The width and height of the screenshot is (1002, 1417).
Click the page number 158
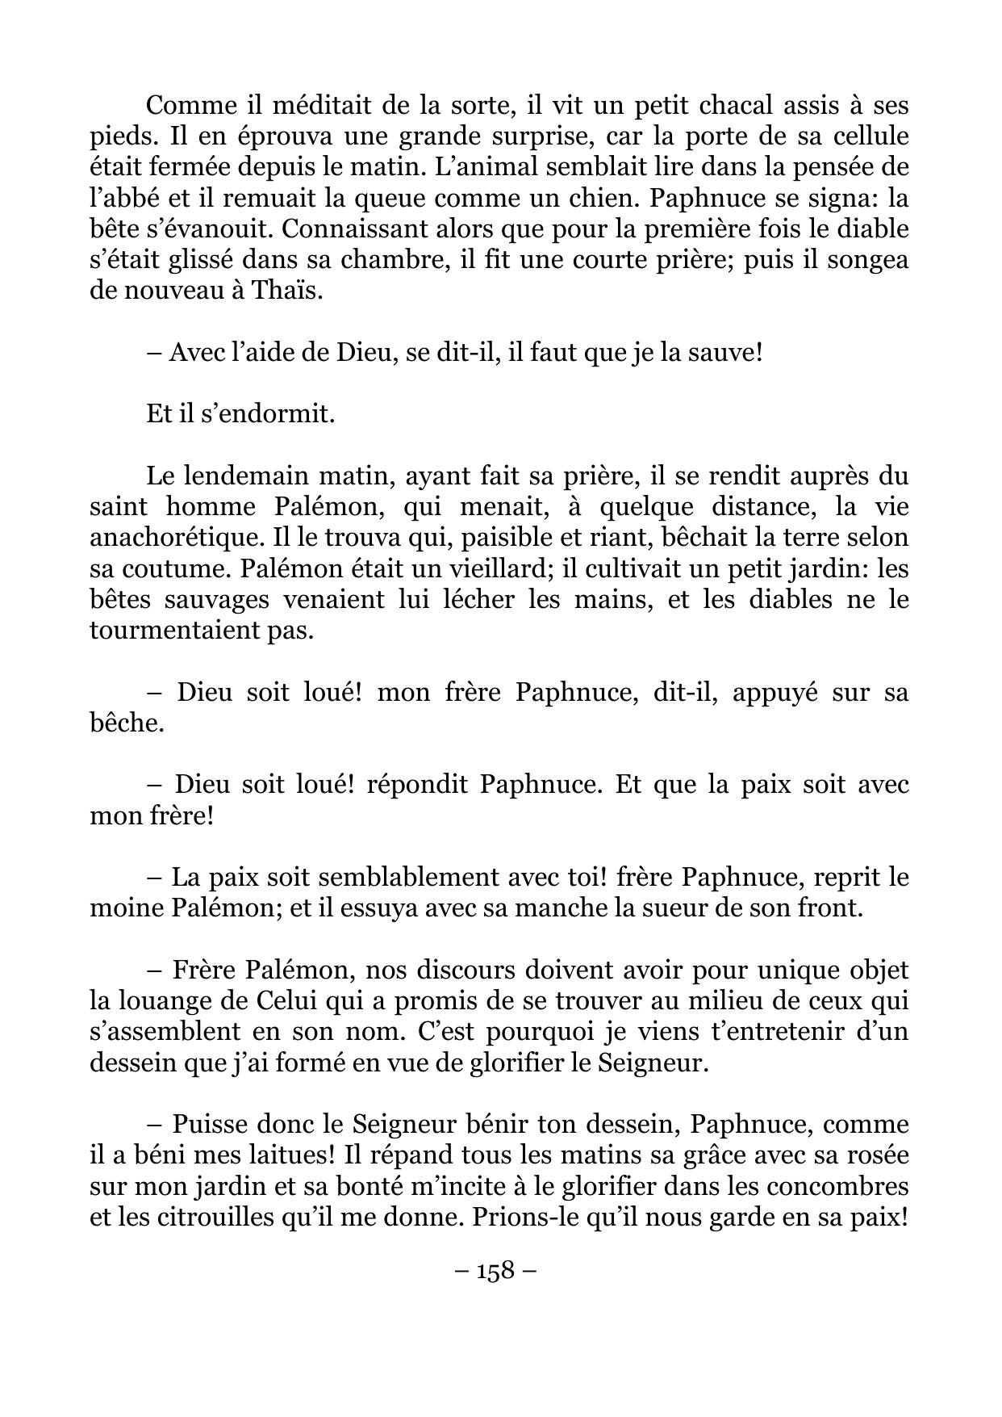tap(495, 1271)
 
